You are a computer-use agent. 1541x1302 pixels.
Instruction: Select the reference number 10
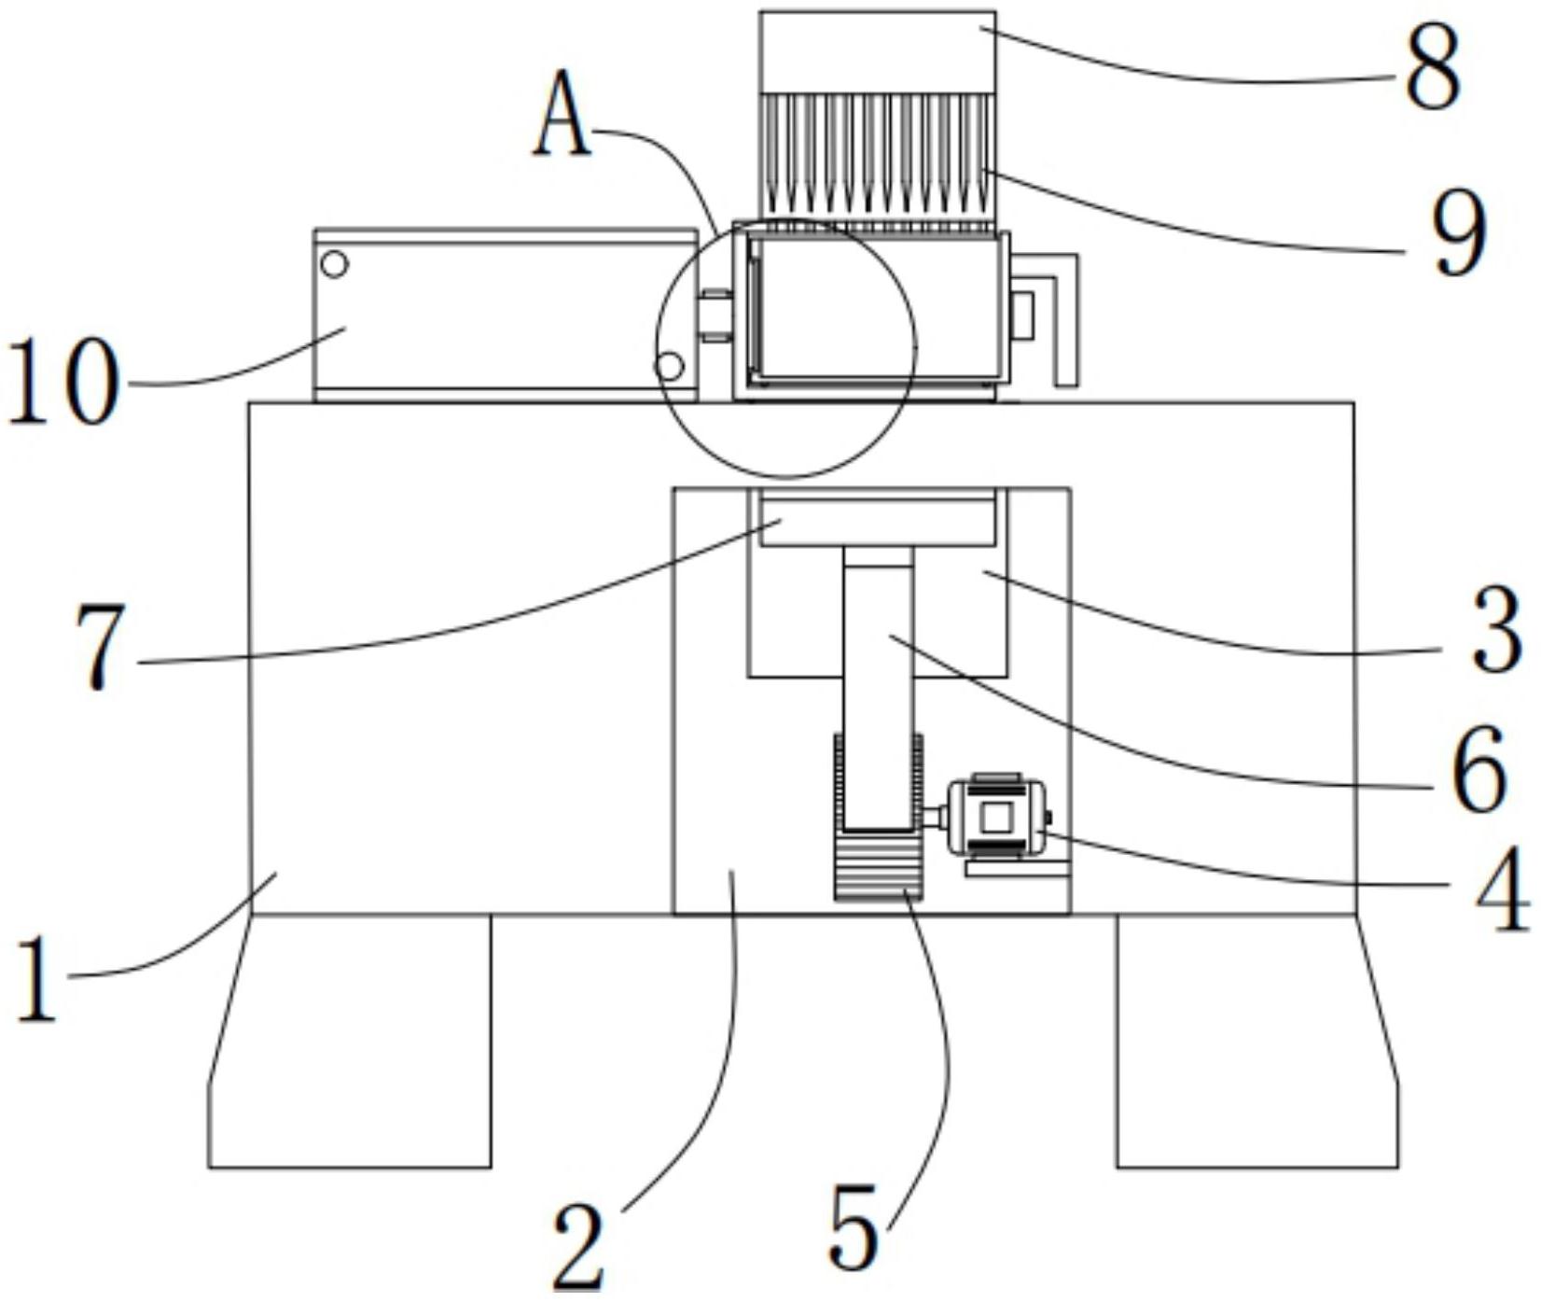click(63, 383)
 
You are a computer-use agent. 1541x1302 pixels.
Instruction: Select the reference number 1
click(37, 980)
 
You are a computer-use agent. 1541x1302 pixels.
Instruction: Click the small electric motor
click(996, 818)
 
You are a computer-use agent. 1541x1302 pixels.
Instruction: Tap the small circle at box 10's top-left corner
click(334, 264)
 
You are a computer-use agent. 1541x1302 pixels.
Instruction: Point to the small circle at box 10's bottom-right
click(670, 366)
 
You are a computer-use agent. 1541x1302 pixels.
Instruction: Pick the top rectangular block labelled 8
click(877, 51)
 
